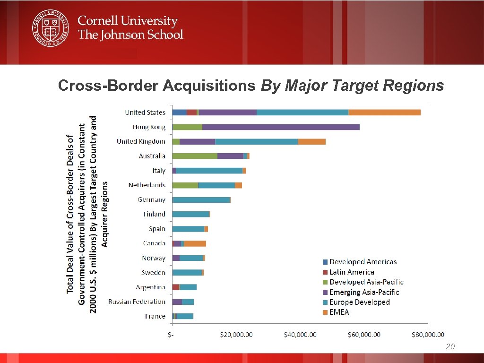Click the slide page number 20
[x=450, y=347]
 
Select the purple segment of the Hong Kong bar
[x=281, y=127]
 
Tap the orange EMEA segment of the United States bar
[x=384, y=112]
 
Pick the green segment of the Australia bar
[x=195, y=156]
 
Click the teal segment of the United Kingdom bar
[x=256, y=142]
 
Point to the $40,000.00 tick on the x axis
[x=300, y=335]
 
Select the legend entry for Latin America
[x=352, y=272]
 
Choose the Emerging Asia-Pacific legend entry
[x=364, y=292]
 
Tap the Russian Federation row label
[x=137, y=302]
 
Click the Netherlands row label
[x=147, y=185]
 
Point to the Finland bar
[x=191, y=215]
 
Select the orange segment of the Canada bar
[x=195, y=243]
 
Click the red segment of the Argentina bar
[x=176, y=287]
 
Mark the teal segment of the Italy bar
[x=209, y=171]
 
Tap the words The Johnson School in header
[x=130, y=35]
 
